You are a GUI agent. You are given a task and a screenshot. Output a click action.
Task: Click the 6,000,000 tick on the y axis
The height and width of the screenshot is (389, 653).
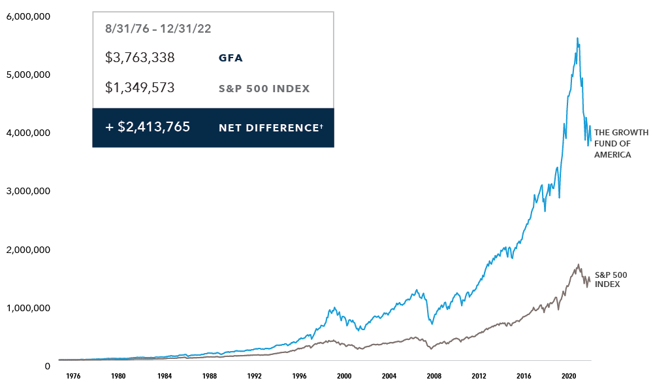(28, 16)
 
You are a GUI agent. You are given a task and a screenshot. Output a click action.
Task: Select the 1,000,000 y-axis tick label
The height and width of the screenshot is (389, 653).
(28, 308)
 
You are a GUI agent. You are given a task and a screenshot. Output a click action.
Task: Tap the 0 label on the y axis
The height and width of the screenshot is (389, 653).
(47, 366)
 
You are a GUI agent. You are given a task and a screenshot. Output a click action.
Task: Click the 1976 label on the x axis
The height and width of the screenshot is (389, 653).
(73, 377)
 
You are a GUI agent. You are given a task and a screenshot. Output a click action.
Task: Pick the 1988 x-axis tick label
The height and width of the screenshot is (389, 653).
(209, 377)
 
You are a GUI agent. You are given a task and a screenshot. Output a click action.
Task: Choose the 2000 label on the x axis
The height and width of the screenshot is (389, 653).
(344, 377)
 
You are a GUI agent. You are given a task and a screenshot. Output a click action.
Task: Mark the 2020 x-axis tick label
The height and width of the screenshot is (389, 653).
(569, 377)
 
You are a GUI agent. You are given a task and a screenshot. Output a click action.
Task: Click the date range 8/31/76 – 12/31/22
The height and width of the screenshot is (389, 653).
(158, 29)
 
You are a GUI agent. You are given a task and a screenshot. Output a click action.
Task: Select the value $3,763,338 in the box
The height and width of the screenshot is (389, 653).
(140, 58)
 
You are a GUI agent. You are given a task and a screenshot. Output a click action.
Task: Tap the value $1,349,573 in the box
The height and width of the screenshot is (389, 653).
(140, 88)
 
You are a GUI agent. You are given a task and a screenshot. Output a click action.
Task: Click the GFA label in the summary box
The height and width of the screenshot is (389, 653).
(231, 58)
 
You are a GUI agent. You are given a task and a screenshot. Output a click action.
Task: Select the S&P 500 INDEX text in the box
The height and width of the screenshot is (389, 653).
(264, 88)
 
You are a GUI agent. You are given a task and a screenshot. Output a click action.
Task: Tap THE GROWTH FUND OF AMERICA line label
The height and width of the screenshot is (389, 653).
(621, 144)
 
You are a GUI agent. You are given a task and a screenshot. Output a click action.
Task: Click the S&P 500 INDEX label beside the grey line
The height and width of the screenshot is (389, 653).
(611, 280)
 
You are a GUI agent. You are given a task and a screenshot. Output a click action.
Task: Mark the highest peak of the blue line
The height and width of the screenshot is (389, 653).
(577, 38)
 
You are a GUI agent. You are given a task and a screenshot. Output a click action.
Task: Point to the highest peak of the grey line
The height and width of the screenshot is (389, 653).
(579, 264)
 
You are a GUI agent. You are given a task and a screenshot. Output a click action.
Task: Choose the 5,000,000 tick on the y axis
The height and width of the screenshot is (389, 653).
(28, 75)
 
